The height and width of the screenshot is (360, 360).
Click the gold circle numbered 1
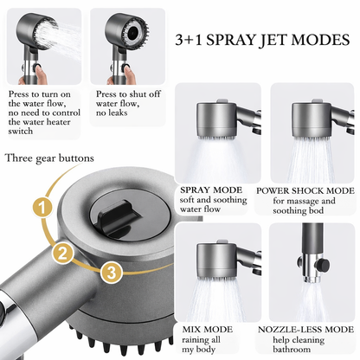(x=42, y=208)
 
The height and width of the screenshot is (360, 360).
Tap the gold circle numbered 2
(x=63, y=253)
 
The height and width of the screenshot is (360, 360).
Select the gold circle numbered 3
(x=112, y=272)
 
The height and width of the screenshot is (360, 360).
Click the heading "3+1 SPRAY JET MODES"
(x=262, y=40)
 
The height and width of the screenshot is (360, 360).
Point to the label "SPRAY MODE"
(x=211, y=190)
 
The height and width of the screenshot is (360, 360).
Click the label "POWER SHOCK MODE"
(x=305, y=190)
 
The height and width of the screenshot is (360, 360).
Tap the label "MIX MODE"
(x=207, y=330)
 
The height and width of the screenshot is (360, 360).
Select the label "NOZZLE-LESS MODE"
(x=305, y=330)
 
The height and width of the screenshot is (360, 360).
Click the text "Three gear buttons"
(x=49, y=158)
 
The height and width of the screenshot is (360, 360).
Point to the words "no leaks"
(x=112, y=112)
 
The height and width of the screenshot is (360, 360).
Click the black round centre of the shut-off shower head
(x=132, y=33)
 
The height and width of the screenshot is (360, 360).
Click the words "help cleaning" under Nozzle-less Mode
(x=299, y=340)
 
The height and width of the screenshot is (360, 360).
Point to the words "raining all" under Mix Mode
(x=201, y=340)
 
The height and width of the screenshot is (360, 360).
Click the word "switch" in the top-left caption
(x=21, y=132)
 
